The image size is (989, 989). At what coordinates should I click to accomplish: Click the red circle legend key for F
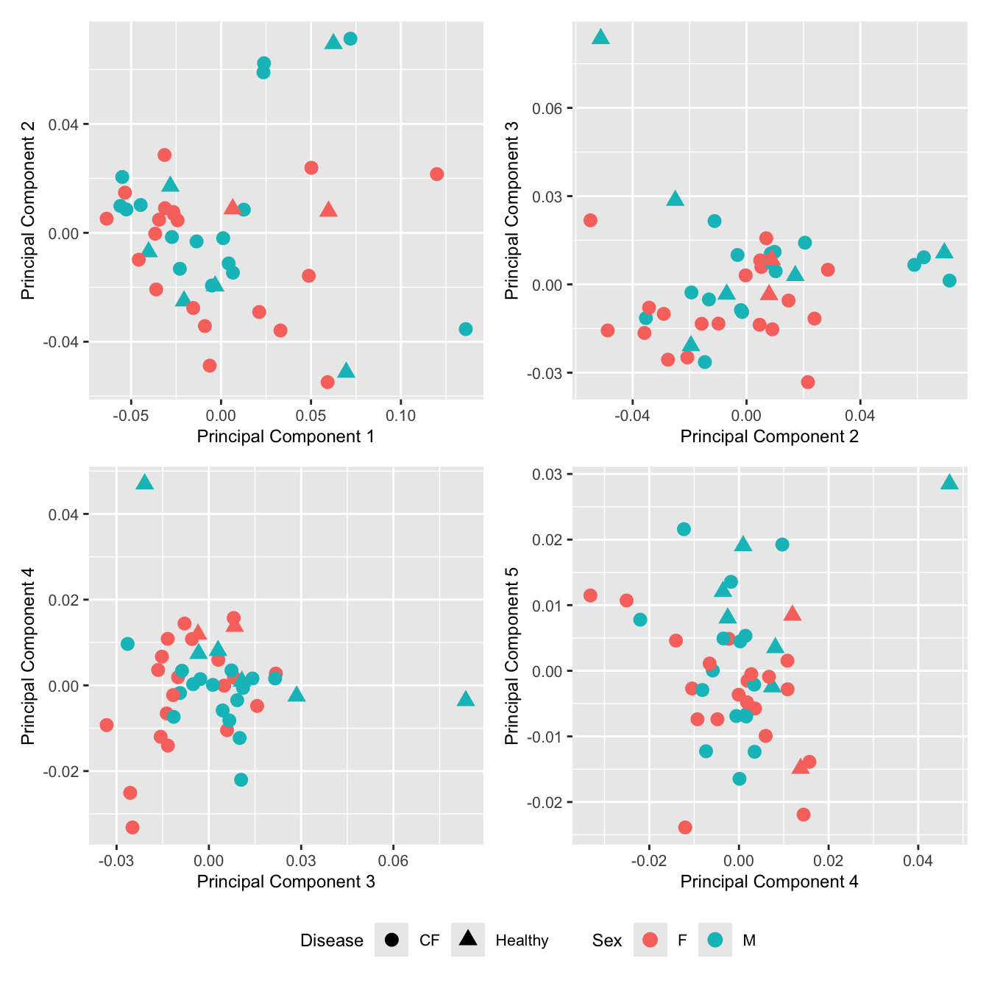coord(650,940)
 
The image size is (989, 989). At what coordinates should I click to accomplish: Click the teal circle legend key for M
coord(715,940)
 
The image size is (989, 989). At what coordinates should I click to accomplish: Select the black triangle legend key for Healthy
coord(468,938)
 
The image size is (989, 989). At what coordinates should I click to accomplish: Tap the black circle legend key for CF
coord(391,940)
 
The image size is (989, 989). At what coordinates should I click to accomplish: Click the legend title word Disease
coord(331,940)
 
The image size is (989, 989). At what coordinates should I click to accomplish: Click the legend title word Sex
coord(606,940)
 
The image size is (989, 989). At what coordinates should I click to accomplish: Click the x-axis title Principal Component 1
coord(286,436)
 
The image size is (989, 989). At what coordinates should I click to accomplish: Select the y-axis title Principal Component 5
coord(511,655)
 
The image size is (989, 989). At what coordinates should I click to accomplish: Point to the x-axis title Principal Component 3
coord(286,882)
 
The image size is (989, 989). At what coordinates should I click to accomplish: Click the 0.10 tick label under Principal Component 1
coord(400,416)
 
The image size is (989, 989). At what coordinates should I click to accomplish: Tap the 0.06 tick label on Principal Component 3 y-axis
coord(547,109)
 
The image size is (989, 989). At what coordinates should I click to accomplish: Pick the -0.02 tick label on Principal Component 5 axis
coord(547,802)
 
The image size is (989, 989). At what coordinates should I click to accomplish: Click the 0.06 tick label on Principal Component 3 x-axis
coord(393,861)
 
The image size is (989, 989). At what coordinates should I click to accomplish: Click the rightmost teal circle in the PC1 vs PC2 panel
coord(466,329)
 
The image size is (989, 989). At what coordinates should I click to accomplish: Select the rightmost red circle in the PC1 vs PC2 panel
coord(436,174)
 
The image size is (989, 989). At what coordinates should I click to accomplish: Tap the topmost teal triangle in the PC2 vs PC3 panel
coord(600,38)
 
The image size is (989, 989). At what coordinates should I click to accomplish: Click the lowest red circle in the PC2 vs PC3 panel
coord(808,382)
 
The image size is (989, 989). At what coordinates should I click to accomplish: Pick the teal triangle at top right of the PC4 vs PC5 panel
coord(949,483)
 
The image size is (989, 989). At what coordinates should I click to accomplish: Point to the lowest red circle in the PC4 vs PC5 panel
coord(685,827)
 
